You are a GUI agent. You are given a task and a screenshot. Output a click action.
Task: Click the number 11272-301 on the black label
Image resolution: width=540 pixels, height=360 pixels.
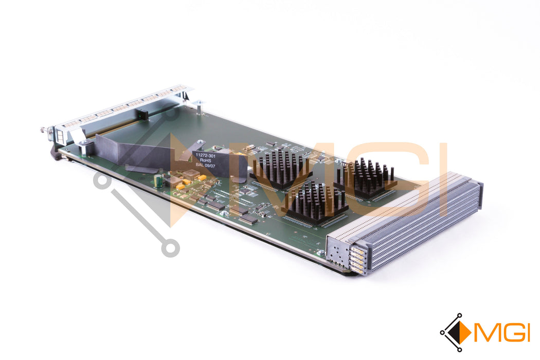206,156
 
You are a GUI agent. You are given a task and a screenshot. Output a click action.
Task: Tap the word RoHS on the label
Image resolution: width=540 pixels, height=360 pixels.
205,160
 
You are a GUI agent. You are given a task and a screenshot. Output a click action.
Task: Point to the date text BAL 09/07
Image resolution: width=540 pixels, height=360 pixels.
206,166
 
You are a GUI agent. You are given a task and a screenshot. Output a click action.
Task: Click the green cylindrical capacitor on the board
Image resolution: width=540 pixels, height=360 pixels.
158,181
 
